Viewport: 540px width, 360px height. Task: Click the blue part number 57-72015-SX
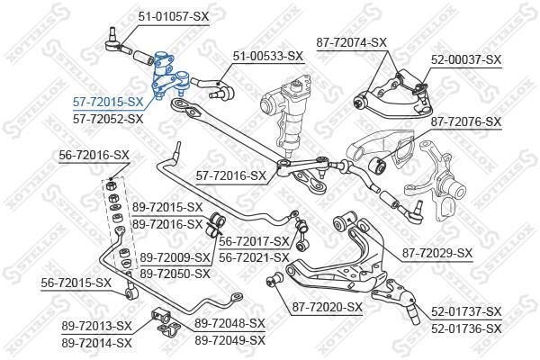pyautogui.click(x=108, y=102)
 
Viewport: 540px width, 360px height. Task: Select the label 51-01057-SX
pyautogui.click(x=174, y=16)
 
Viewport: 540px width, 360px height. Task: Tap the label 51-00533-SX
pyautogui.click(x=268, y=56)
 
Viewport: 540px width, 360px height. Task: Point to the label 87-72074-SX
pyautogui.click(x=352, y=42)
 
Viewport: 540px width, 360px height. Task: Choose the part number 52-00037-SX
pyautogui.click(x=466, y=60)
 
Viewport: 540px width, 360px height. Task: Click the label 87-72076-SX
pyautogui.click(x=466, y=121)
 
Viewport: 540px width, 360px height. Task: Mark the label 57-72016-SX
pyautogui.click(x=231, y=176)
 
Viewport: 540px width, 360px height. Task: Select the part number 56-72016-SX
pyautogui.click(x=94, y=156)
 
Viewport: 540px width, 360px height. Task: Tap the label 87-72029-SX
pyautogui.click(x=437, y=253)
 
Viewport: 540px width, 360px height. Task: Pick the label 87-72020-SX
pyautogui.click(x=328, y=307)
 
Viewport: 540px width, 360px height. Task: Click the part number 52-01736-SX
pyautogui.click(x=466, y=328)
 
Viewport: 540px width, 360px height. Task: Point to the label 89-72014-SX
pyautogui.click(x=97, y=343)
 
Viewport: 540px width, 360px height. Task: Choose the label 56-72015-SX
pyautogui.click(x=76, y=283)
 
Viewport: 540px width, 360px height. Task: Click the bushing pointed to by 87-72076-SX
pyautogui.click(x=378, y=164)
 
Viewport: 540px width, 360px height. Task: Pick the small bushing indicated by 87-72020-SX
pyautogui.click(x=274, y=279)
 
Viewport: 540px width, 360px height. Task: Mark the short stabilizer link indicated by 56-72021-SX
pyautogui.click(x=301, y=234)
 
